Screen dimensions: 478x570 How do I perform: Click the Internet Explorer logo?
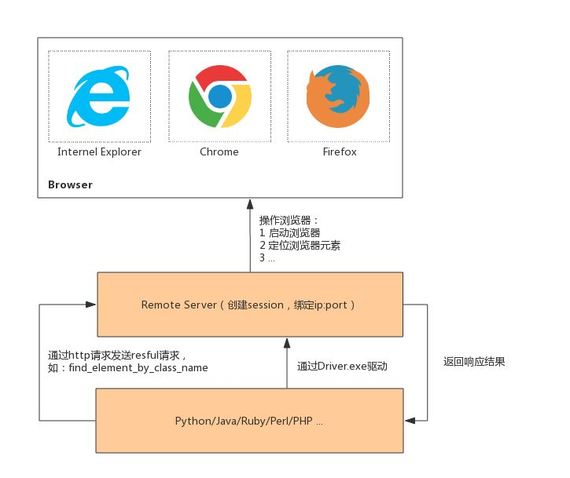click(99, 97)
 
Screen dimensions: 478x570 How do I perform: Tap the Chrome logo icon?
click(219, 97)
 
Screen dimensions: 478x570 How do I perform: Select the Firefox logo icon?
click(338, 97)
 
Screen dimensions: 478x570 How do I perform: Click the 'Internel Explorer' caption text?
click(99, 151)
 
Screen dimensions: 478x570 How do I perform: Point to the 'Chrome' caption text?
click(219, 151)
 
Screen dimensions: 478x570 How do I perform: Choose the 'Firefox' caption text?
click(339, 151)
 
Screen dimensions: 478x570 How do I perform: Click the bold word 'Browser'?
click(70, 185)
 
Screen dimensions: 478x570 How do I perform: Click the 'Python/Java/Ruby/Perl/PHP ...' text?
click(249, 421)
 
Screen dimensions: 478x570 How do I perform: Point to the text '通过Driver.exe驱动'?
click(342, 366)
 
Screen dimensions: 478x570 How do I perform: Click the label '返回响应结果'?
click(474, 362)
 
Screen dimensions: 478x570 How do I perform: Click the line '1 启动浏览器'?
click(290, 233)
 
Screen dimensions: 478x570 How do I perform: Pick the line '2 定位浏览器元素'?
click(300, 246)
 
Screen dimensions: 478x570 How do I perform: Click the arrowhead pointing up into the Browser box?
click(251, 202)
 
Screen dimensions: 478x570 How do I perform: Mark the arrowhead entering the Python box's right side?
click(409, 421)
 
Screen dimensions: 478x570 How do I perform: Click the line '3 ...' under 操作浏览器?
click(267, 258)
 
